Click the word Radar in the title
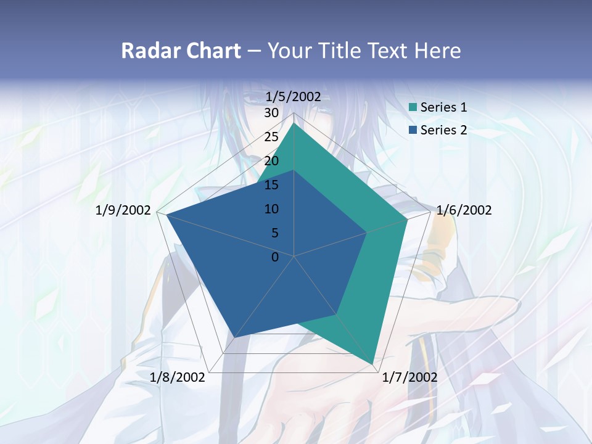pos(145,51)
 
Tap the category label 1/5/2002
pos(293,96)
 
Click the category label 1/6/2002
pos(464,210)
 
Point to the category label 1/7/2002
pos(409,377)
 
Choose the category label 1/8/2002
pos(178,377)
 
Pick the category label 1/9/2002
pos(123,210)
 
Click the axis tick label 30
pos(271,113)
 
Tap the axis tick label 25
pos(271,137)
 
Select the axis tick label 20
pos(271,161)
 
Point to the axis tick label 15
pos(271,185)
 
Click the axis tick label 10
pos(271,209)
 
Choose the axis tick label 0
pos(275,257)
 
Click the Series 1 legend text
pos(443,107)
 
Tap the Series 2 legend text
pos(443,130)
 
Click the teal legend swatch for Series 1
pos(413,107)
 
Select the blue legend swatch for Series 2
pos(413,130)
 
